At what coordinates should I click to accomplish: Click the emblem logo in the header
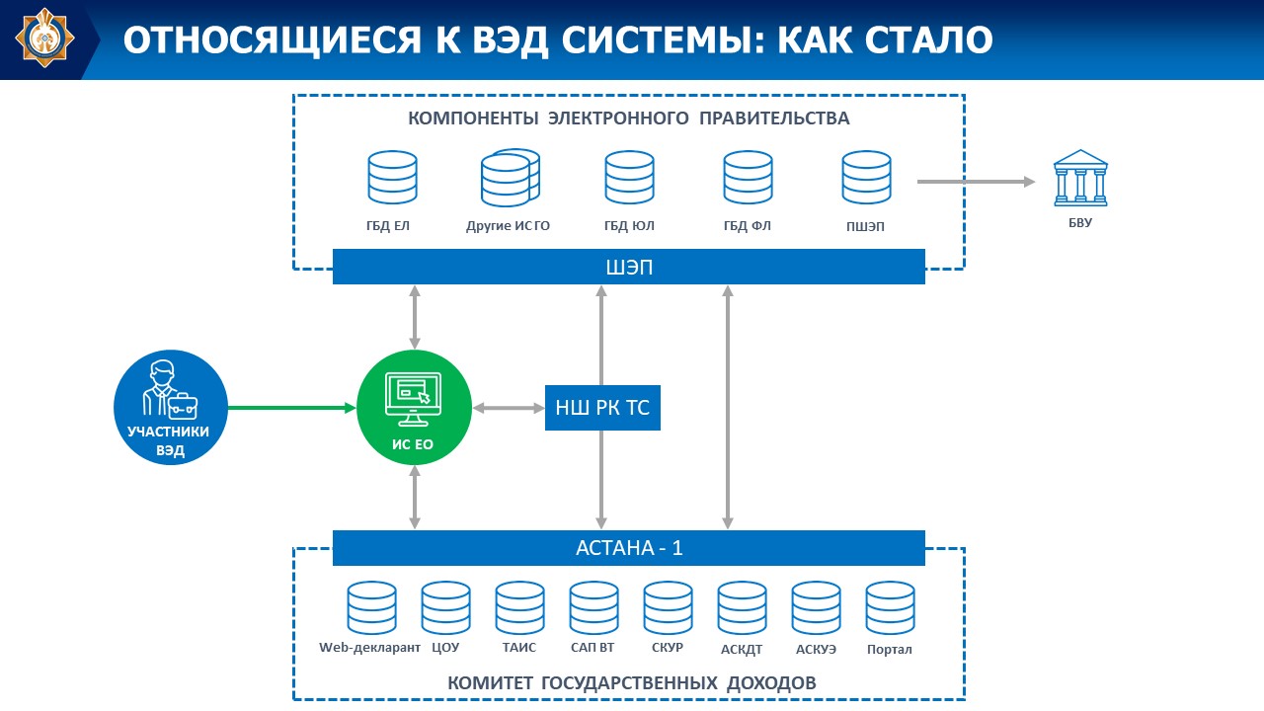(41, 39)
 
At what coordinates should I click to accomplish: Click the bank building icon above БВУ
(1080, 179)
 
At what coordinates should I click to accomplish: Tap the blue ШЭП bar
(628, 267)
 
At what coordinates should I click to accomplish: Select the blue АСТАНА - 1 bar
(628, 548)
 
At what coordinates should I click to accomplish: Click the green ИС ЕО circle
(414, 408)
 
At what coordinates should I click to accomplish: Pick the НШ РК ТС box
(602, 407)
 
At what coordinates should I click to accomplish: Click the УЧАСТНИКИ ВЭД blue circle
(171, 408)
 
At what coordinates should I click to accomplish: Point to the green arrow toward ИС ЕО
(291, 407)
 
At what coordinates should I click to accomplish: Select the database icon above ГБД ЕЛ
(392, 178)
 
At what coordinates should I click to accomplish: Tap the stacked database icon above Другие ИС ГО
(510, 178)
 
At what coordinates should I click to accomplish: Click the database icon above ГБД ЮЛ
(629, 178)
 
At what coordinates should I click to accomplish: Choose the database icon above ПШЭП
(866, 178)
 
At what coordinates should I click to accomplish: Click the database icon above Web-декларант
(371, 607)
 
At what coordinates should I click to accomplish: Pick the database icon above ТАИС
(519, 607)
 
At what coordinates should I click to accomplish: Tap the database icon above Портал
(890, 607)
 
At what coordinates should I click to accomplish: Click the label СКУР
(668, 648)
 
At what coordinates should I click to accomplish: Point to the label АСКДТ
(742, 649)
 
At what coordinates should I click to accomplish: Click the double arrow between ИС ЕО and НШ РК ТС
(510, 407)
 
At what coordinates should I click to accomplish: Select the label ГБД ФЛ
(747, 226)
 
